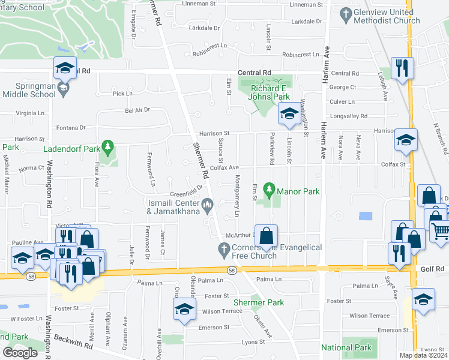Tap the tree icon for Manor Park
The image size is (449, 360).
pos(270,191)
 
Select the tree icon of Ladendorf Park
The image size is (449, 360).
pos(107,146)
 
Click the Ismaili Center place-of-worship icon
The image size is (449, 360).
pos(208,205)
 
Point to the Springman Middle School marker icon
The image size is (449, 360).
pos(63,88)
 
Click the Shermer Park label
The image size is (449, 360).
pos(259,303)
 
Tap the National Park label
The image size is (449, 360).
pos(346,347)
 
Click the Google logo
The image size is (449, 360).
pos(20,352)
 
